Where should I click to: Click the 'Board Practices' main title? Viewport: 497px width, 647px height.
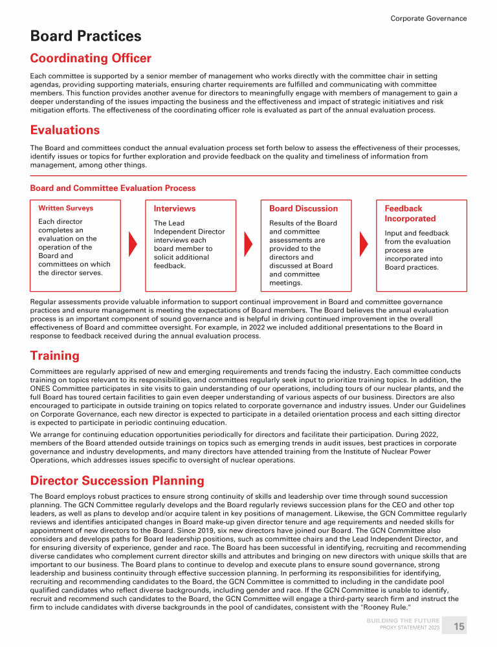(x=85, y=36)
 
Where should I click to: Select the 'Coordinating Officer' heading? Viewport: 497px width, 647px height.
(x=91, y=58)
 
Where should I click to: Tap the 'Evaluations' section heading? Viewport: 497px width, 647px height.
(x=65, y=129)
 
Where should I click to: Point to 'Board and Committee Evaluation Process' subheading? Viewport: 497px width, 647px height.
(x=113, y=188)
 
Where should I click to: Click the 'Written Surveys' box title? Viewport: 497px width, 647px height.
(x=66, y=208)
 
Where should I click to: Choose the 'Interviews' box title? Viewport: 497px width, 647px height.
(x=174, y=208)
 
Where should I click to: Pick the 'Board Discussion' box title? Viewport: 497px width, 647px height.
(x=303, y=208)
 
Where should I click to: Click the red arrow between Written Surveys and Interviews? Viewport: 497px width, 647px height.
(x=134, y=243)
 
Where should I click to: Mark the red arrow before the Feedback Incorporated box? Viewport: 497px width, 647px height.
(x=364, y=243)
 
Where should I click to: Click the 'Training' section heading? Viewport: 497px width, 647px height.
(x=55, y=355)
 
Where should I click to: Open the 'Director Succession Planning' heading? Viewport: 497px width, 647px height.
(x=117, y=481)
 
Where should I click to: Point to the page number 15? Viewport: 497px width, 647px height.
(x=458, y=626)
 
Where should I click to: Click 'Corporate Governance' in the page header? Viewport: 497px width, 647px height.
(x=428, y=18)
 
